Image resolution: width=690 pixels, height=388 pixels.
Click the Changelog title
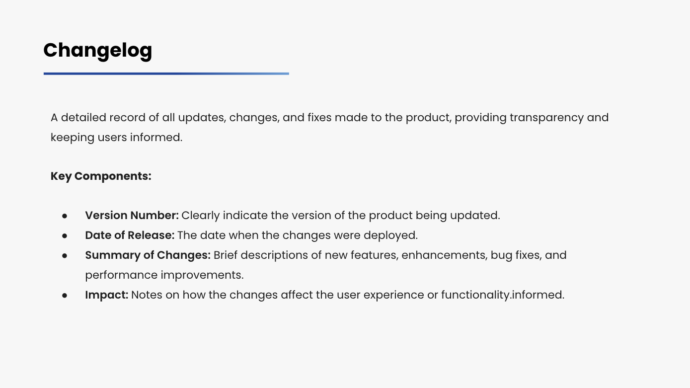(98, 51)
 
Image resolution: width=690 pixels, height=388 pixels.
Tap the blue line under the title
(166, 74)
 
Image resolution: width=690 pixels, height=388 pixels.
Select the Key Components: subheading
(101, 176)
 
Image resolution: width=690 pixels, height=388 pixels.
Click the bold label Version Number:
(132, 216)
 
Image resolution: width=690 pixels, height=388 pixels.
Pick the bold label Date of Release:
(130, 235)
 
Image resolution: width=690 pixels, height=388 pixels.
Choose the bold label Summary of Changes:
(148, 255)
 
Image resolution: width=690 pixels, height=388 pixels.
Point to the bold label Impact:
(107, 295)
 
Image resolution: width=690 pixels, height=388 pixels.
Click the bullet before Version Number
(65, 216)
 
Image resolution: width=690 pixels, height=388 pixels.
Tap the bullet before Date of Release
(65, 236)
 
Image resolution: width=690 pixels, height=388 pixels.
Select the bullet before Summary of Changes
(65, 256)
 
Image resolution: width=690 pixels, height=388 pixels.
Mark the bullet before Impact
(65, 296)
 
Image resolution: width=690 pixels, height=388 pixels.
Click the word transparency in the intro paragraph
(547, 118)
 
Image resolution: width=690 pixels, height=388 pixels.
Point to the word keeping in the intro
(73, 138)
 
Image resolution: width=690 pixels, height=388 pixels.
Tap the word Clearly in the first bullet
(201, 216)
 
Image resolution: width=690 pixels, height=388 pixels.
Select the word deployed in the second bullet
(390, 236)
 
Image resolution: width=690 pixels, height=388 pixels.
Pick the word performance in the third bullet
(121, 276)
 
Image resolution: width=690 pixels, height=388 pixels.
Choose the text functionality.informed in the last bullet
(503, 295)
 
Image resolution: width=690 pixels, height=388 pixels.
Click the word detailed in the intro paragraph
(83, 118)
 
